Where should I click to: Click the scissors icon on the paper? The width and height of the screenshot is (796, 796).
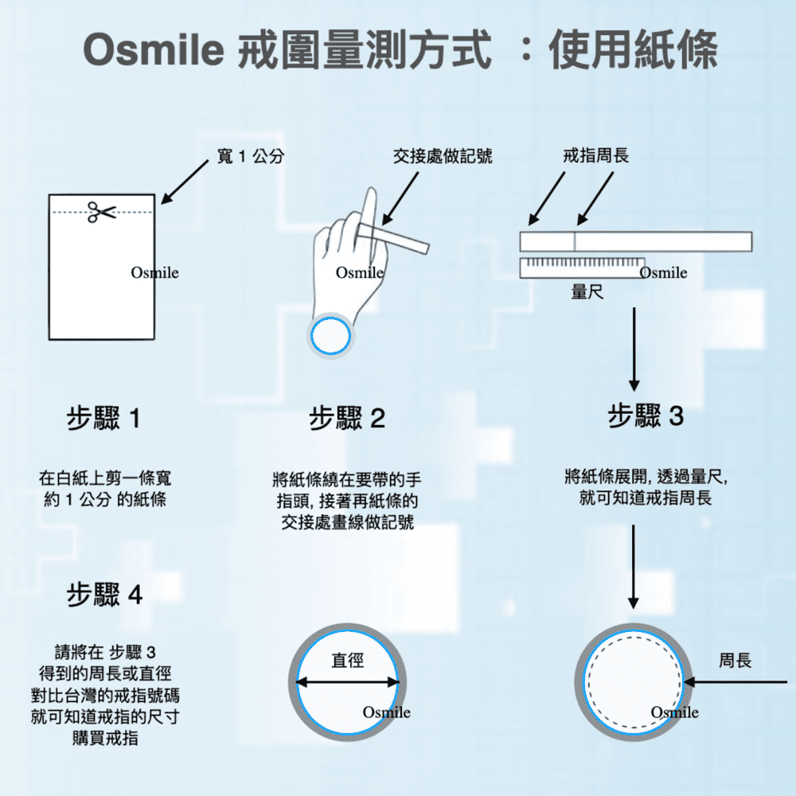pos(102,212)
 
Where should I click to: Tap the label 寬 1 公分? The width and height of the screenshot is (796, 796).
pos(250,156)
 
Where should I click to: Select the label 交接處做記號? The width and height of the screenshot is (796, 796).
pos(443,156)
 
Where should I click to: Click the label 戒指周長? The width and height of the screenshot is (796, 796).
pos(595,155)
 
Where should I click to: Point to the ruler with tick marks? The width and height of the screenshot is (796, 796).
pos(583,268)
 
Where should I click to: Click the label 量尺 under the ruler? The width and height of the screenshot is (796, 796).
pos(587,292)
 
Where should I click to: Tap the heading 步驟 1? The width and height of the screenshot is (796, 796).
pos(103,419)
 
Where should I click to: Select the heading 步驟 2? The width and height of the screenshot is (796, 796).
pos(347,419)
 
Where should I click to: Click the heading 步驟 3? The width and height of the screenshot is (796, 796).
pos(646,416)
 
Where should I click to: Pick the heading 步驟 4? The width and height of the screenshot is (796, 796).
pos(104,595)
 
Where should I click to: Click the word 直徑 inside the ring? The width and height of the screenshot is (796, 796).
pos(348,661)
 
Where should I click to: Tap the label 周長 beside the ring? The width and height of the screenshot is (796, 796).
pos(735,661)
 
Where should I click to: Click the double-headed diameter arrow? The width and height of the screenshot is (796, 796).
pos(348,682)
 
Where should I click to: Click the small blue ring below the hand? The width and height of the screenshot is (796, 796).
pos(330,336)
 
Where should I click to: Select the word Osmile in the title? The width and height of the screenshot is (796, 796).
pos(154,50)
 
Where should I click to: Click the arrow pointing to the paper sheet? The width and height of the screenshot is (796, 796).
pos(185,182)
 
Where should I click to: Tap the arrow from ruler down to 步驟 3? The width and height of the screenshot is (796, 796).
pos(634,349)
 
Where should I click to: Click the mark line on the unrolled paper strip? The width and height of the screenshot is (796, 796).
pos(574,242)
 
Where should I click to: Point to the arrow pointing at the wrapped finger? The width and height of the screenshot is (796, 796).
pos(400,198)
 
